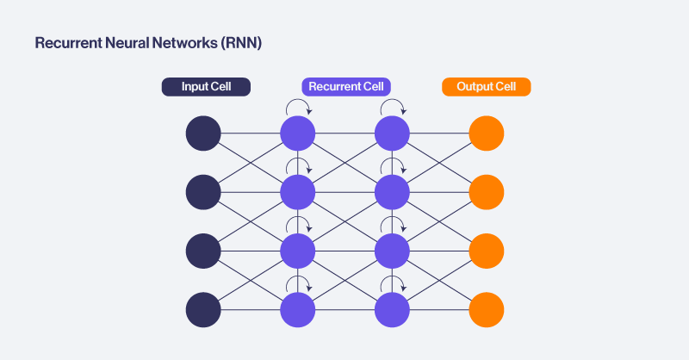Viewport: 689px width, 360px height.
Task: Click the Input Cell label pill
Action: (206, 87)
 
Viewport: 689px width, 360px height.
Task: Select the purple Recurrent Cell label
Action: (346, 87)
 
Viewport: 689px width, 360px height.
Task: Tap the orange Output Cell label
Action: (486, 87)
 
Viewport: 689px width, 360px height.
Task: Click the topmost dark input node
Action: (203, 133)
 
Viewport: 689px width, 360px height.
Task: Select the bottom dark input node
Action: (203, 309)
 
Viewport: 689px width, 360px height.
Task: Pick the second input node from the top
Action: (203, 192)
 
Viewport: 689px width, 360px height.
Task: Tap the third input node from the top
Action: (203, 251)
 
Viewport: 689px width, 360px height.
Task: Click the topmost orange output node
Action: (487, 133)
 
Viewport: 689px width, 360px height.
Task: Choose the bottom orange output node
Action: (487, 309)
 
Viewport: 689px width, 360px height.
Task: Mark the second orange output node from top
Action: (487, 192)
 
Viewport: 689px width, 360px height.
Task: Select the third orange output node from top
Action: (487, 251)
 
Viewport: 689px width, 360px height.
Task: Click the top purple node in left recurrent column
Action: (298, 133)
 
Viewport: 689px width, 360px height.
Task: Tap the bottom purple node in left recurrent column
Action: (298, 309)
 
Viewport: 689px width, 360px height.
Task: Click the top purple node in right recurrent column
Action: (392, 133)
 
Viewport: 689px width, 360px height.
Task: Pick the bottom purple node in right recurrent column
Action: (392, 309)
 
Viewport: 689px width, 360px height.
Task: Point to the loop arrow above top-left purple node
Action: (299, 107)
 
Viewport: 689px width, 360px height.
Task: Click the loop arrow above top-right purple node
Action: (393, 107)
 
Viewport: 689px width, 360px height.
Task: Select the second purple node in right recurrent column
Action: (392, 192)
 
